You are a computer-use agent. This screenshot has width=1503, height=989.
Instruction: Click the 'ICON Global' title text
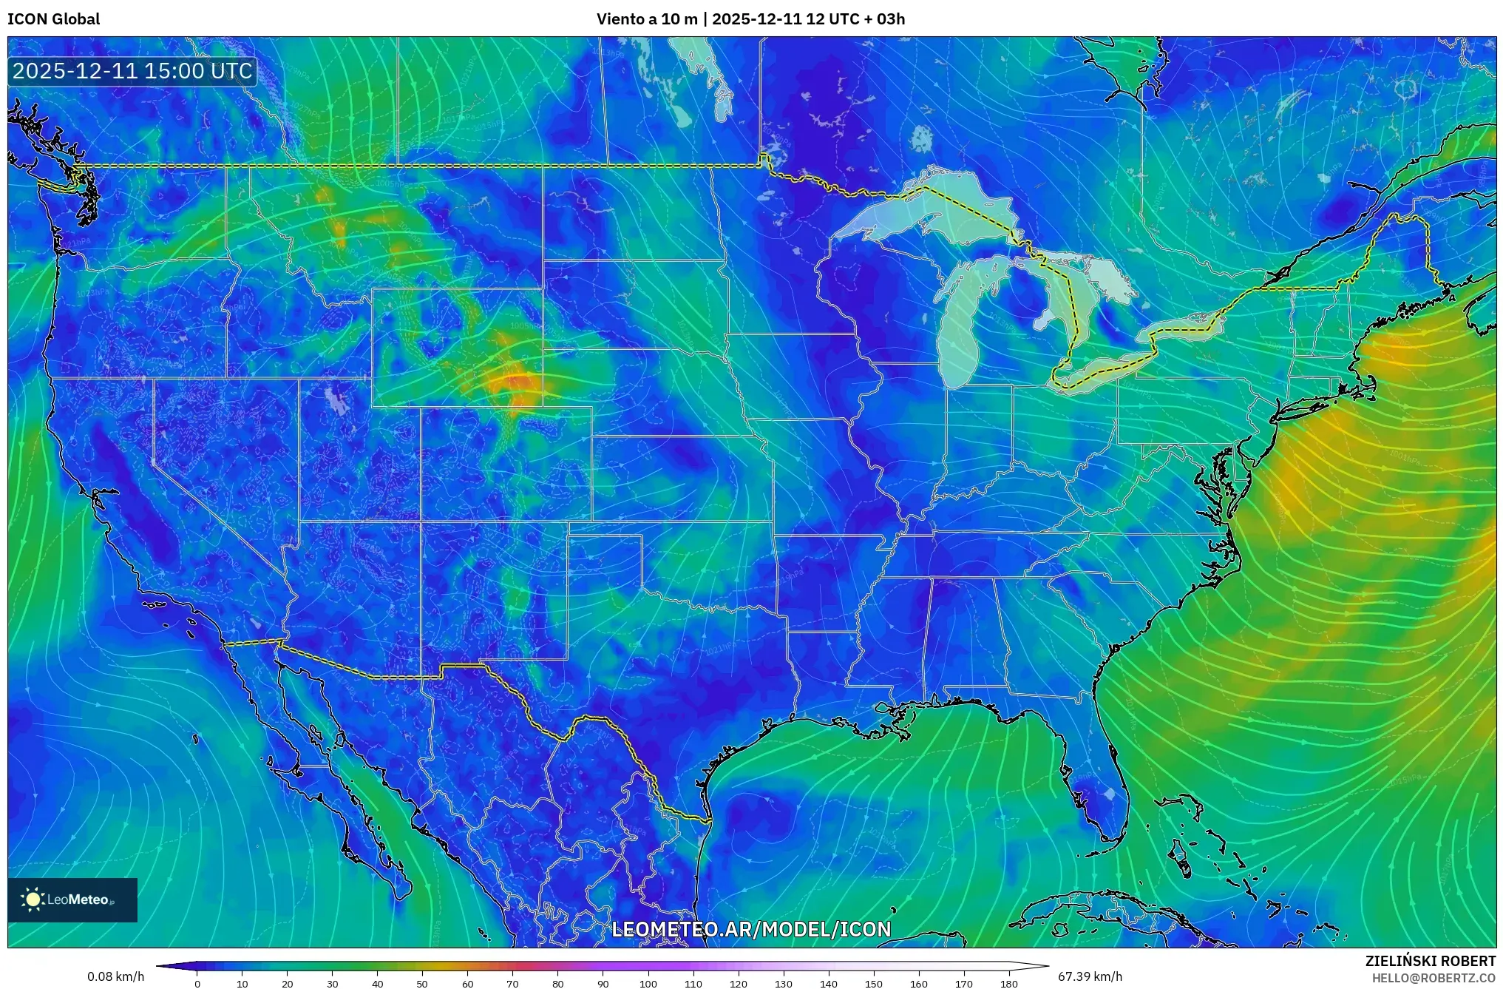(53, 19)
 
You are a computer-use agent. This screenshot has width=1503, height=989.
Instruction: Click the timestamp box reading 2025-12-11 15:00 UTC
(132, 72)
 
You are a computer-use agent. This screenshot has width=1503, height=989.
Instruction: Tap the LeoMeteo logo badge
(72, 899)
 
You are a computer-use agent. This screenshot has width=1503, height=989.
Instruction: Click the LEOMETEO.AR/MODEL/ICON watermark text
(751, 929)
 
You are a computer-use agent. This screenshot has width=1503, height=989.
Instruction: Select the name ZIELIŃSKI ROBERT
(1430, 961)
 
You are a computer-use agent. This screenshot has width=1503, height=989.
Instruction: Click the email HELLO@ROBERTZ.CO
(1434, 978)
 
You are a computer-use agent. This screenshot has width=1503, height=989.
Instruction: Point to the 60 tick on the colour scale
(467, 984)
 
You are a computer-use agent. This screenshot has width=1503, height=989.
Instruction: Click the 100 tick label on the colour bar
(648, 984)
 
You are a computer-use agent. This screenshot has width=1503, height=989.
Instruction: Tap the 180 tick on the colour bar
(1008, 984)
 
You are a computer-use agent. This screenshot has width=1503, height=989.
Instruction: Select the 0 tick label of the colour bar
(197, 984)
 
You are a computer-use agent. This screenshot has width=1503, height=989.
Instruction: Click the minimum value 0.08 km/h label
(115, 976)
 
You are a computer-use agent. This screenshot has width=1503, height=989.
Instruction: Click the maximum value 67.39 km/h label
(1090, 976)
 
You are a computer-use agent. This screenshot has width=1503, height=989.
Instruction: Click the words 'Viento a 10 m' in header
(646, 19)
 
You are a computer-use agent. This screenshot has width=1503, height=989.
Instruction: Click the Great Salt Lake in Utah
(336, 399)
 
